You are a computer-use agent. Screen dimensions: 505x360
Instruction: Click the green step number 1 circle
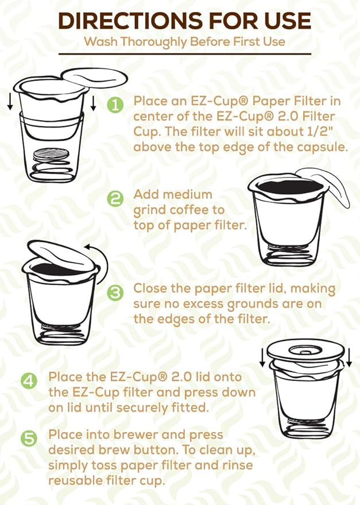115,106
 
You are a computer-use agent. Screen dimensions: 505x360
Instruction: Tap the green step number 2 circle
115,199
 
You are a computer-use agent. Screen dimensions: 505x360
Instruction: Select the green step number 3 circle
115,292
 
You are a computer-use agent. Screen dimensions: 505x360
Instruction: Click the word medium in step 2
187,195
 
